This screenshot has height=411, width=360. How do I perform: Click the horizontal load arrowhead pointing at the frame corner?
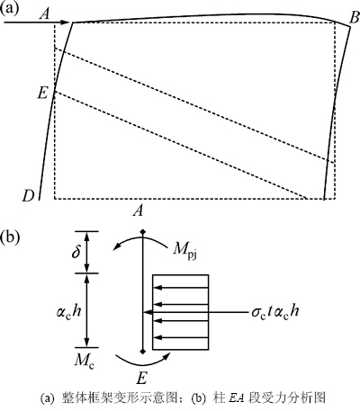point(66,22)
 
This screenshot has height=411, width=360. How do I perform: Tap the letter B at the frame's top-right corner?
point(355,18)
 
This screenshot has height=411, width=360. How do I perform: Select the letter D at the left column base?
point(28,196)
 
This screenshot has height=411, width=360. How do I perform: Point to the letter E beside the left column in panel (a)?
point(42,94)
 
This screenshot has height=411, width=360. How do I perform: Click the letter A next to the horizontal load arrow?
point(44,14)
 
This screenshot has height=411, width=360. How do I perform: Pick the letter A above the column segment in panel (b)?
point(139,211)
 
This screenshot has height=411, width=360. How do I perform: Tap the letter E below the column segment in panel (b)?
point(141,379)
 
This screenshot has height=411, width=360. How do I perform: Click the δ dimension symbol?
point(76,252)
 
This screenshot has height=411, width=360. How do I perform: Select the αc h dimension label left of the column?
point(68,311)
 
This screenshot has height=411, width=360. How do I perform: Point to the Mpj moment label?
point(184,251)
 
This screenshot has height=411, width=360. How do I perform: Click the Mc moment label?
point(85,361)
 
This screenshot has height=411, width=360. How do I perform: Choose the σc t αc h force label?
point(275,312)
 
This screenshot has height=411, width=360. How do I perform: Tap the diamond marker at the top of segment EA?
point(143,231)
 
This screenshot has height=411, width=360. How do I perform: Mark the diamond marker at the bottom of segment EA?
point(143,352)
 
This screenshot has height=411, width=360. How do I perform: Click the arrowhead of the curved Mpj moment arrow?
point(117,247)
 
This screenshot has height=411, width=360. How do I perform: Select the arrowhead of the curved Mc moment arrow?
point(166,356)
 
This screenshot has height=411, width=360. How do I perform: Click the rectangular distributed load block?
point(180,312)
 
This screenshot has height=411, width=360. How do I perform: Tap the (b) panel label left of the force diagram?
point(10,237)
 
